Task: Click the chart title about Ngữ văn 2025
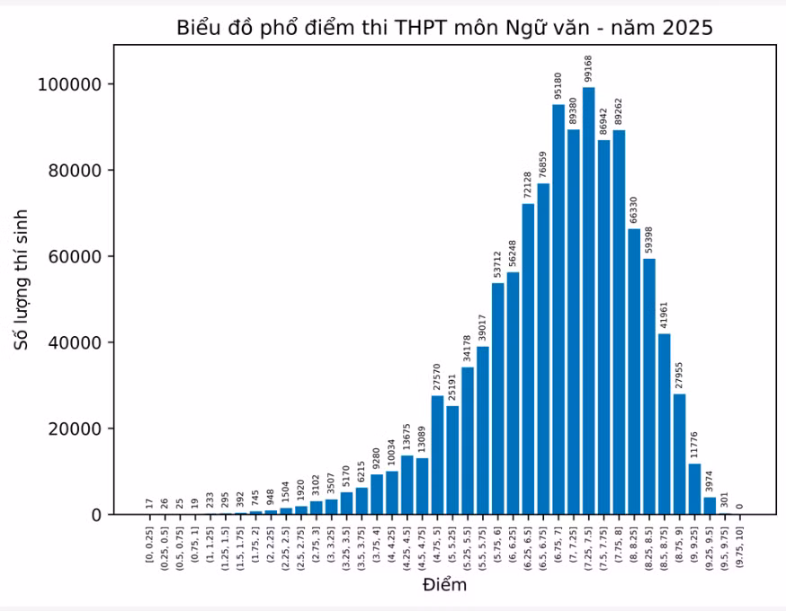(x=444, y=28)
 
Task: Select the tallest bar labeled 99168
(x=588, y=301)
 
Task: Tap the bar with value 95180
(x=558, y=309)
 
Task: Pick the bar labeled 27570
(x=437, y=456)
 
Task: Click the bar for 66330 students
(x=634, y=372)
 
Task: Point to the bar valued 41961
(x=665, y=424)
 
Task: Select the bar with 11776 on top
(x=695, y=490)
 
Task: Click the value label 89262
(x=619, y=111)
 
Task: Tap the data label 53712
(x=497, y=264)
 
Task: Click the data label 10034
(x=391, y=453)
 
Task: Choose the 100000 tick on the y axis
(x=70, y=84)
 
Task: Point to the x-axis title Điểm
(x=444, y=584)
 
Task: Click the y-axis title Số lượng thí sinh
(x=21, y=280)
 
